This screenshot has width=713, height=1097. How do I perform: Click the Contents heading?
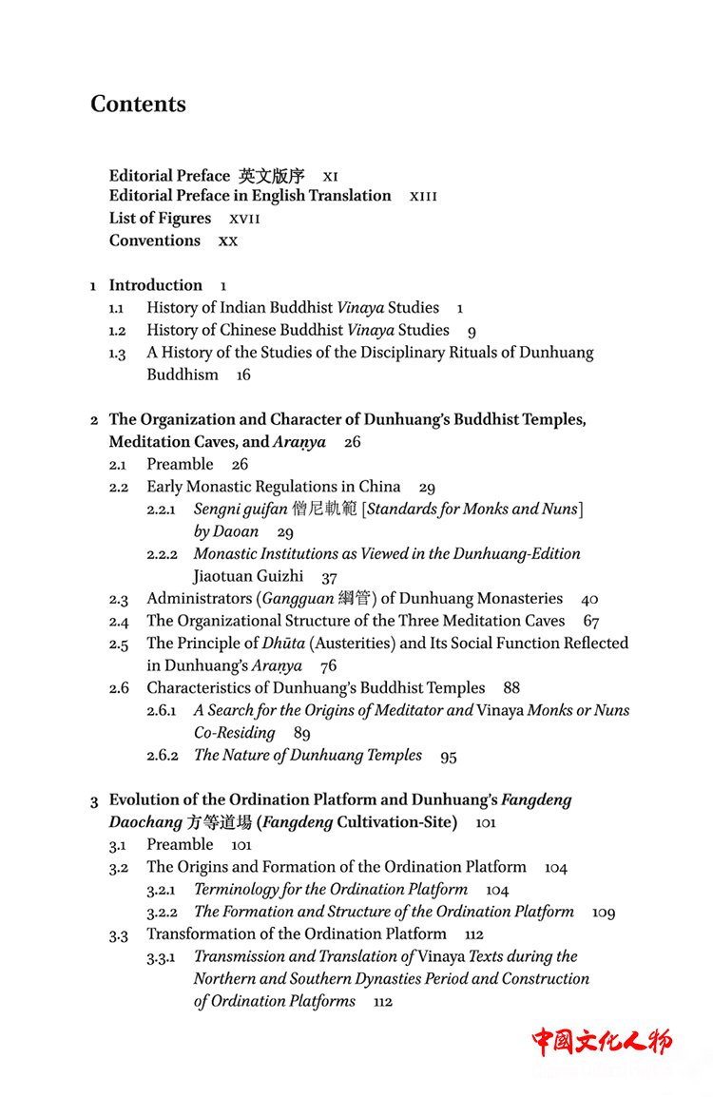[x=138, y=104]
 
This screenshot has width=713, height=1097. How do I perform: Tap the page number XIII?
[x=423, y=196]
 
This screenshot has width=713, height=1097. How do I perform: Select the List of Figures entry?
[x=160, y=218]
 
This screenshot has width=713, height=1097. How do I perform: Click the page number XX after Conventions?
[x=228, y=241]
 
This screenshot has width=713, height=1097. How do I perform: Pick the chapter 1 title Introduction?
[x=155, y=285]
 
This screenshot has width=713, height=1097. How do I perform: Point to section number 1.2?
[x=117, y=331]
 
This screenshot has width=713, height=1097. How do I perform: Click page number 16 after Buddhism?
[x=243, y=375]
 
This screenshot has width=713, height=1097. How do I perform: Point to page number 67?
[x=591, y=622]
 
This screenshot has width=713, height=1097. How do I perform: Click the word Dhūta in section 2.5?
[x=283, y=644]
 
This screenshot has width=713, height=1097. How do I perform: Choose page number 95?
[x=449, y=757]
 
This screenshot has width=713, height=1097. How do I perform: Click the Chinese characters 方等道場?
[x=219, y=822]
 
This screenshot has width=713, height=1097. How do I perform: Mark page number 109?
[x=604, y=913]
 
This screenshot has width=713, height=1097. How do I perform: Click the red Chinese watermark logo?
[x=601, y=1041]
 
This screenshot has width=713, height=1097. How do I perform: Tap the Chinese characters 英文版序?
[x=272, y=176]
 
